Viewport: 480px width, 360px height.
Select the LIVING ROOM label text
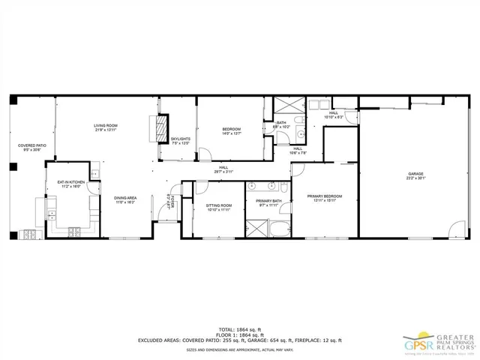[x=106, y=125]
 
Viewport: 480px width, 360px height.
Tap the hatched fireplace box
[x=160, y=128]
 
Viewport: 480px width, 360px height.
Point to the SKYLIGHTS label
[x=180, y=139]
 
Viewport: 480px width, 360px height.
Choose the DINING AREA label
[x=124, y=198]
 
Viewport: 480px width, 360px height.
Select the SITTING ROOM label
[x=219, y=205]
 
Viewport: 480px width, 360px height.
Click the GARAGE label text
[x=415, y=173]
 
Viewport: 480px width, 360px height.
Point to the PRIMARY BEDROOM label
[x=325, y=196]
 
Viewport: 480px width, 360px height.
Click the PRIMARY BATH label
[x=268, y=201]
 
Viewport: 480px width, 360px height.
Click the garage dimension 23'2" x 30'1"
[x=415, y=178]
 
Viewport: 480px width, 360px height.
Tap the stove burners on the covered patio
[x=28, y=234]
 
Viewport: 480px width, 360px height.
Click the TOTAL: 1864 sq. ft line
[x=240, y=329]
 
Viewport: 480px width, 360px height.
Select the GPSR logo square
[x=414, y=345]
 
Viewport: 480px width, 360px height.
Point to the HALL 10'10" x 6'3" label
[x=333, y=115]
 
